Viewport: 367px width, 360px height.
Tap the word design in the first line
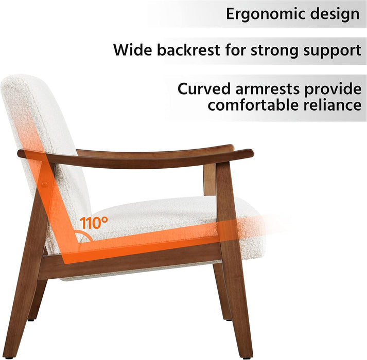pyautogui.click(x=334, y=14)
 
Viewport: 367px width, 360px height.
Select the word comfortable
pyautogui.click(x=253, y=106)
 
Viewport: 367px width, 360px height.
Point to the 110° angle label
pyautogui.click(x=94, y=223)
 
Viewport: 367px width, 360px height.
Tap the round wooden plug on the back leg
pyautogui.click(x=45, y=184)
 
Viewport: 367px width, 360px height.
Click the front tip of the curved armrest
pyautogui.click(x=250, y=153)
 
